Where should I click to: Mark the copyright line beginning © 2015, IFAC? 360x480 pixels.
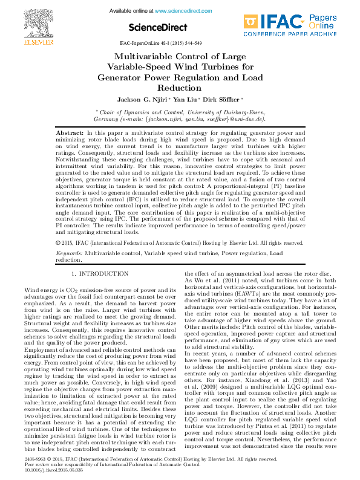pyautogui.click(x=179, y=242)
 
